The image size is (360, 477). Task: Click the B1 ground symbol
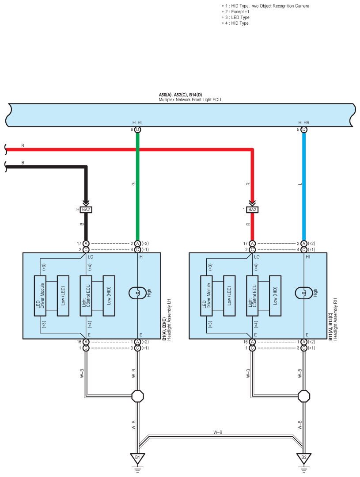coord(137,458)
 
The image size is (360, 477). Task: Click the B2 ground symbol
coord(304,458)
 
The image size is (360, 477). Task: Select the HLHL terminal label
coord(137,122)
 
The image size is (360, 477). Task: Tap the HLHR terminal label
coord(304,122)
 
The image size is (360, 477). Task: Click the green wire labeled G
coord(137,186)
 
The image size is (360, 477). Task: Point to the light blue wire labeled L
coord(304,186)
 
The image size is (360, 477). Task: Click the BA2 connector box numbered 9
coord(86,210)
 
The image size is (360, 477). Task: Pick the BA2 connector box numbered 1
coord(252,210)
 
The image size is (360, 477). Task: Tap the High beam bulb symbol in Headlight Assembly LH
coord(137,293)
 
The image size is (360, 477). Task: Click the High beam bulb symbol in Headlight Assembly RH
coord(304,293)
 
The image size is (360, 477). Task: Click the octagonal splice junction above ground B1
coord(138,396)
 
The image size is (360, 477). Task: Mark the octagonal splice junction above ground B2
coord(304,396)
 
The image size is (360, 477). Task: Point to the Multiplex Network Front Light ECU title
coord(189,100)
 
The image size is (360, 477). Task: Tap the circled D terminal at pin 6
coord(137,130)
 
